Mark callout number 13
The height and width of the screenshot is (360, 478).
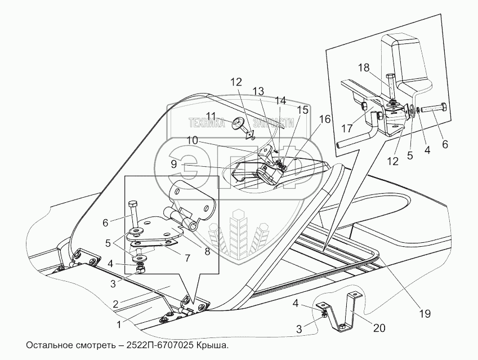(x=258, y=91)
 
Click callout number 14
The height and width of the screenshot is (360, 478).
(x=280, y=100)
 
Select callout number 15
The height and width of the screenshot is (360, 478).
(x=303, y=110)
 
